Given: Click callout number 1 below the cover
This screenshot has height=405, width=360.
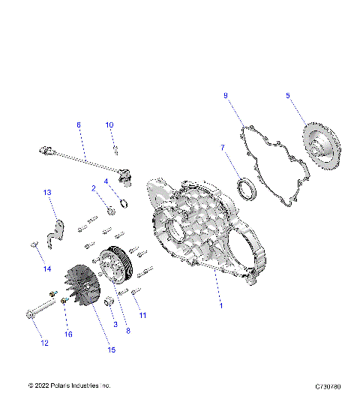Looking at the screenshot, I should (220, 306).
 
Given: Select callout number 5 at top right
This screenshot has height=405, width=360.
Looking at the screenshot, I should (287, 95).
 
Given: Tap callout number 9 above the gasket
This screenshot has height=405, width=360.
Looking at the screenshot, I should (225, 95).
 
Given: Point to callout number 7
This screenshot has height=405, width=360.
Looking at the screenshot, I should (222, 148).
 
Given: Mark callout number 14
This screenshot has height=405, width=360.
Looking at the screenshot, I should (46, 268).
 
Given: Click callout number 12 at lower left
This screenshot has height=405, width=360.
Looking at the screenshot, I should (44, 343).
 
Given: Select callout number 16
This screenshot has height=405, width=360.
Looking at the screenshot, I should (68, 334).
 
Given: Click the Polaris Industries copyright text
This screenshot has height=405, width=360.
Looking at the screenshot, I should (69, 385).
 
